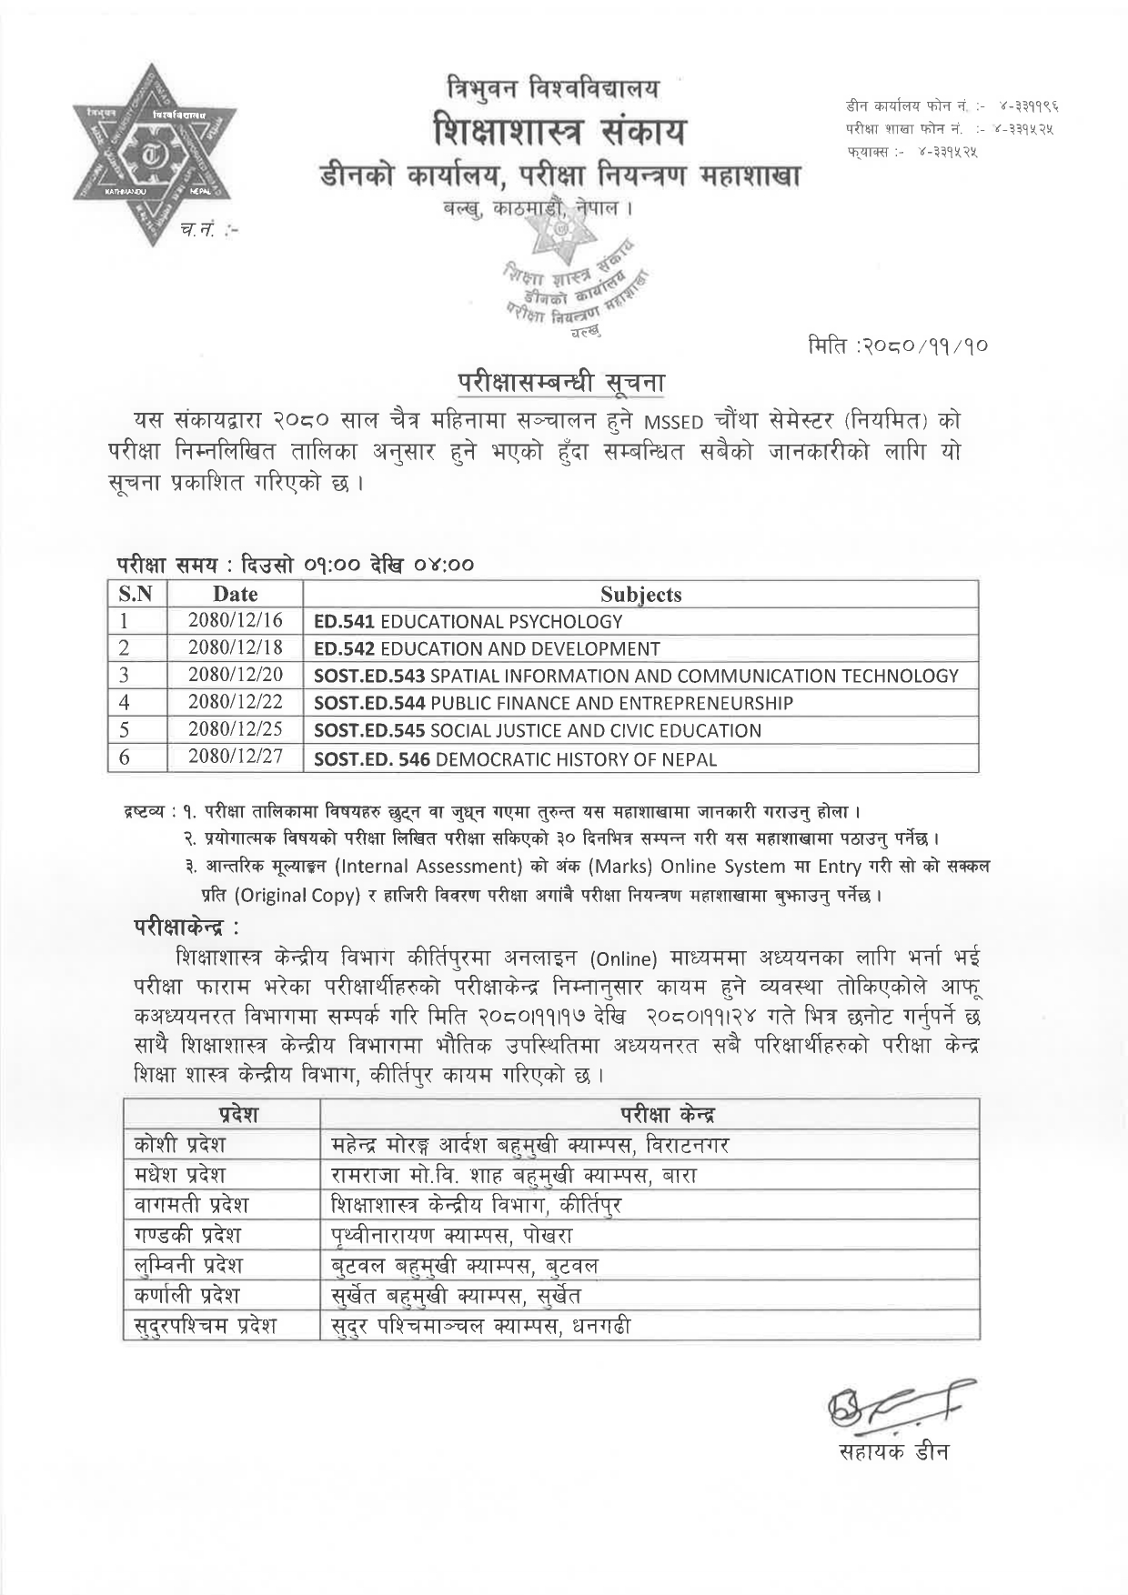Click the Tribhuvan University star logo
coord(154,155)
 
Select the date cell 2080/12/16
coord(236,621)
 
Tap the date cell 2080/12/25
coord(236,730)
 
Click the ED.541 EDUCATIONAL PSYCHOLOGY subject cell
coord(468,622)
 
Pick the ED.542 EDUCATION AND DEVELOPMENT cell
coord(487,649)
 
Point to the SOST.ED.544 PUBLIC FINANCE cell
coord(553,703)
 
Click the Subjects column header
coord(640,595)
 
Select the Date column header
coord(236,595)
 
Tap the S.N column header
coord(136,595)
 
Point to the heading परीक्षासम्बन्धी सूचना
coord(560,382)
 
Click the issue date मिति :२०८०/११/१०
coord(897,346)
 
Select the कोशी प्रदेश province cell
coord(179,1144)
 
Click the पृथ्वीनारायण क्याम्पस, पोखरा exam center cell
coord(452,1235)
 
